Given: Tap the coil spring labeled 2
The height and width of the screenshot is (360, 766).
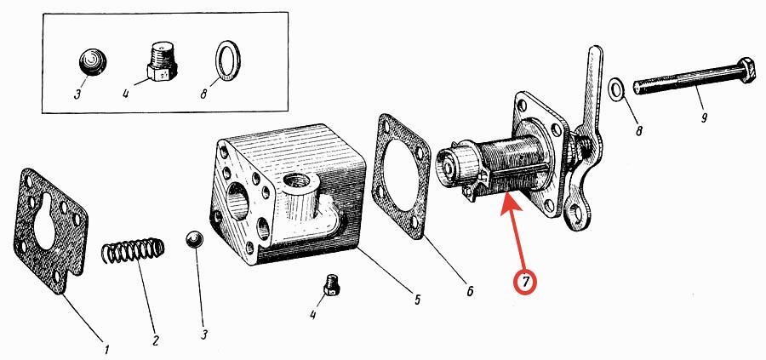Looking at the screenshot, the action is (x=133, y=250).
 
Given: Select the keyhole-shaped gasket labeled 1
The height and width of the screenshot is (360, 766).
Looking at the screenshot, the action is (x=51, y=231).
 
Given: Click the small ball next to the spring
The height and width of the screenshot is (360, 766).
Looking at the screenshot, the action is (x=194, y=240).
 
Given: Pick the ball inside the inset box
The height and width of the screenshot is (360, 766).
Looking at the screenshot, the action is (x=94, y=62).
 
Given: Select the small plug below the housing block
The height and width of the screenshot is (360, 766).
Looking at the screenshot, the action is (x=332, y=285).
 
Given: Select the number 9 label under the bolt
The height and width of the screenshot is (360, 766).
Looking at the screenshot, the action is (x=704, y=117).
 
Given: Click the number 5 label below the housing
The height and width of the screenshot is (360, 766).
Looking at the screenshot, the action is (x=417, y=300).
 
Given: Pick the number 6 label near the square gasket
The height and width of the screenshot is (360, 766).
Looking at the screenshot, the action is (x=470, y=292).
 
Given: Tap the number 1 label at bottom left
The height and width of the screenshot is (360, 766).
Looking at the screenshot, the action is (x=106, y=349).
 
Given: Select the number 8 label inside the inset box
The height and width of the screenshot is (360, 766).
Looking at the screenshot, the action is (x=204, y=93).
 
